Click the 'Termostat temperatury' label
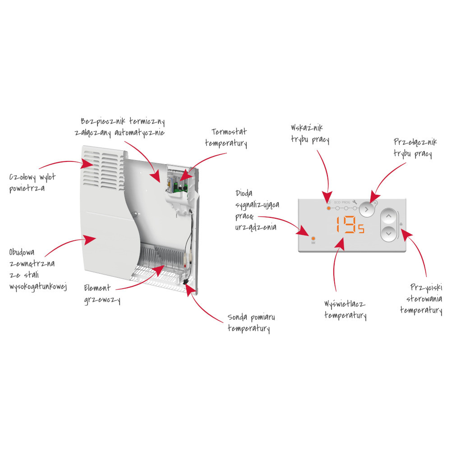point(226,138)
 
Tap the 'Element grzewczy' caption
point(102,294)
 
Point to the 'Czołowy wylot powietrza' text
point(32,183)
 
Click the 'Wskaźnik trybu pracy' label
point(310,134)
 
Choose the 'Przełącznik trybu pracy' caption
point(415,148)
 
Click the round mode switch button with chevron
point(366,209)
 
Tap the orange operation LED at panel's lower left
point(313,239)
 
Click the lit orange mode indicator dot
point(329,208)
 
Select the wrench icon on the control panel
point(354,202)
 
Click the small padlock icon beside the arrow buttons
point(401,224)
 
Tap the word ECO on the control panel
point(337,202)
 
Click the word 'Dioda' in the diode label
point(244,193)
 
